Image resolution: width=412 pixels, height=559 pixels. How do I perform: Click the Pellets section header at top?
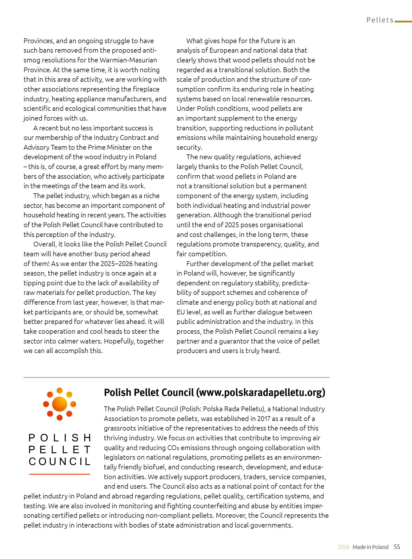(x=380, y=20)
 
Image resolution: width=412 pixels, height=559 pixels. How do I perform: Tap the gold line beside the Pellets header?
(x=403, y=21)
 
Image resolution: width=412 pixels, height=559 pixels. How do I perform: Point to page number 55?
(x=397, y=547)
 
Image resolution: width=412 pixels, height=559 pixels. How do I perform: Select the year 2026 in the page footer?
(x=343, y=547)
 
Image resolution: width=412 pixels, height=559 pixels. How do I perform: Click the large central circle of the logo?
(x=59, y=404)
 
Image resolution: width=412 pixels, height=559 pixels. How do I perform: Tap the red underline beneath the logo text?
(x=59, y=474)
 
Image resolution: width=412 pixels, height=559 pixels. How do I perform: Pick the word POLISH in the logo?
(x=60, y=438)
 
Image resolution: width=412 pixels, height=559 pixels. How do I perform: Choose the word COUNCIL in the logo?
(x=60, y=461)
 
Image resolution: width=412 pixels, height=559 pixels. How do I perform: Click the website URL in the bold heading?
(x=260, y=392)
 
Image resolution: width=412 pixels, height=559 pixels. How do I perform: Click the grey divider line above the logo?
(x=176, y=377)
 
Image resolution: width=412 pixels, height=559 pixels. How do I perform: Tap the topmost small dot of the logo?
(x=60, y=391)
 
